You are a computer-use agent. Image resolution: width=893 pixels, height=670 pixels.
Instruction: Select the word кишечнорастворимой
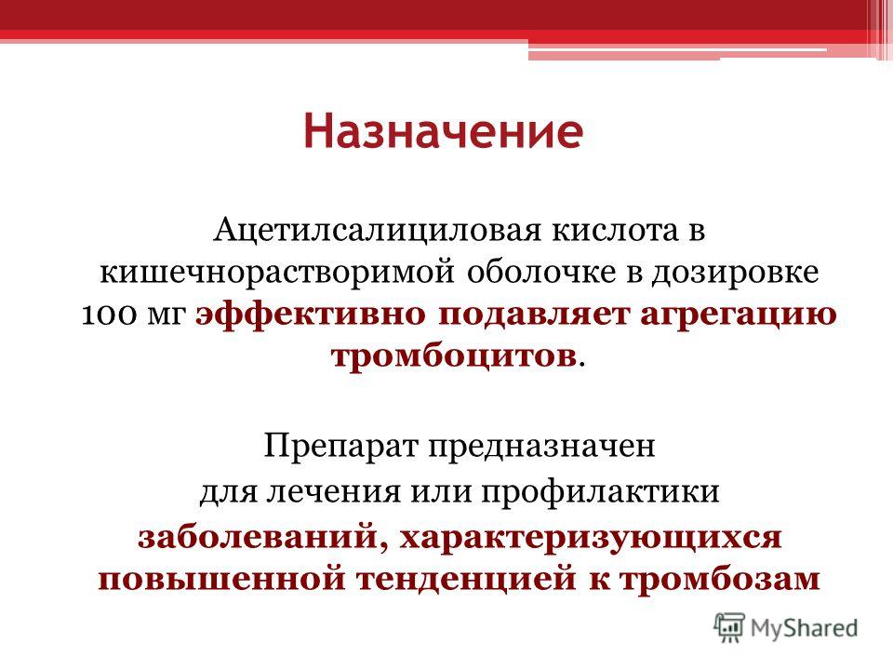tap(278, 271)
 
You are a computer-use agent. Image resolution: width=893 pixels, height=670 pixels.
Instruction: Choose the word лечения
tap(308, 489)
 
